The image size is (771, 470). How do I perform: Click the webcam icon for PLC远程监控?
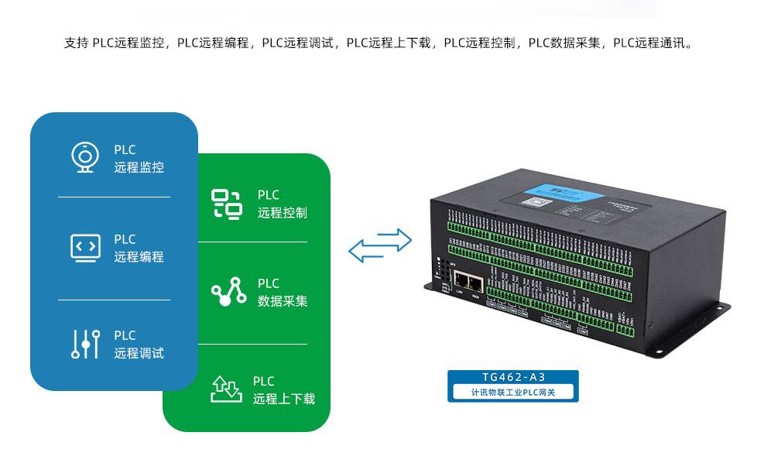click(x=84, y=157)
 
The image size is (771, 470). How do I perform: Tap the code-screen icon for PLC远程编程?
click(x=85, y=248)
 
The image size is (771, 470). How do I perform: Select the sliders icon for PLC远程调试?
click(x=85, y=344)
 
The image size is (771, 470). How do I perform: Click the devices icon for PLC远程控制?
click(x=227, y=204)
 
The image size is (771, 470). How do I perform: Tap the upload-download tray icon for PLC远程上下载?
click(x=226, y=389)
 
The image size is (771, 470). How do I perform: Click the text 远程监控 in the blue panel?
click(x=139, y=167)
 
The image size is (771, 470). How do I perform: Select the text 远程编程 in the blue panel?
click(x=139, y=257)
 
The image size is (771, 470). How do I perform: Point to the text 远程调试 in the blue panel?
click(x=139, y=353)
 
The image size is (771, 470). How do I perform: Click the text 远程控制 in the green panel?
click(x=283, y=213)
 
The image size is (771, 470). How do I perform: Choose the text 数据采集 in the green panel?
click(x=283, y=301)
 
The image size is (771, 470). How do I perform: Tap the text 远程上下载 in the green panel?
click(x=284, y=400)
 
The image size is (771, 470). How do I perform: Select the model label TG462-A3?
click(x=513, y=378)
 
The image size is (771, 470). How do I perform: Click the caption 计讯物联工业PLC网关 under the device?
click(x=513, y=393)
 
